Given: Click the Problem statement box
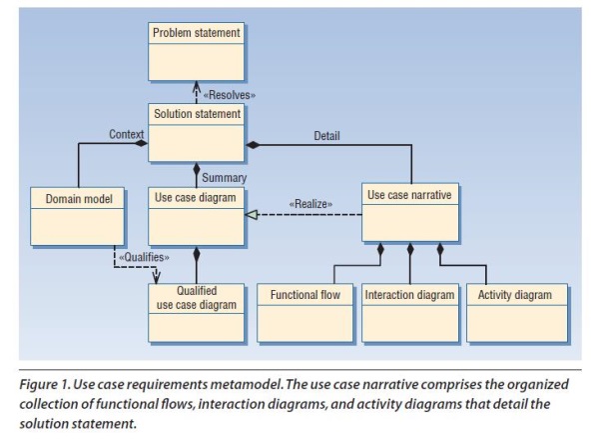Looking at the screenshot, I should pos(196,52).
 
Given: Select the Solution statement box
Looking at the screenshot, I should pos(196,130).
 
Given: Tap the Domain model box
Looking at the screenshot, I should pos(78,214).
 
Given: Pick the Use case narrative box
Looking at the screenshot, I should pos(410,212).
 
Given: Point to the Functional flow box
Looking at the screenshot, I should pos(304,312).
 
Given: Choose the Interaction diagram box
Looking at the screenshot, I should pos(409,312).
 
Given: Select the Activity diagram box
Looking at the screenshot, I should pos(515,312).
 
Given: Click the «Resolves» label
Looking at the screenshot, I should pos(230,94).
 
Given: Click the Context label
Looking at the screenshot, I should pos(126,134).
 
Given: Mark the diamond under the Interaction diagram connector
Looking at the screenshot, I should pos(410,249).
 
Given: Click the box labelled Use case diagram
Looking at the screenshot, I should pos(196,214).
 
